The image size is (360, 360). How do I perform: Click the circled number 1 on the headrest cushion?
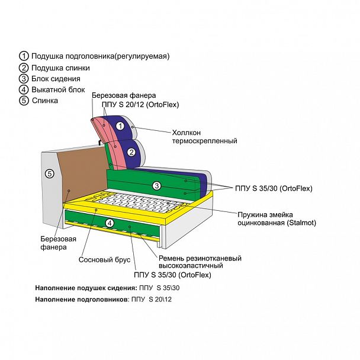[x=120, y=126]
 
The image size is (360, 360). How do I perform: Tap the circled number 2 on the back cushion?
[x=123, y=152]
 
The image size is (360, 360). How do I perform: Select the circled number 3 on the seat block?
[x=156, y=185]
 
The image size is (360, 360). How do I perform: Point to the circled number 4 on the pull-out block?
[x=109, y=223]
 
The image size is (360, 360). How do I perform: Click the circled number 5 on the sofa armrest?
[x=50, y=173]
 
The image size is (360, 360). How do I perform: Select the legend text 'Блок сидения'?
[x=56, y=78]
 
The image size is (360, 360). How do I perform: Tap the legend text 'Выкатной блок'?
[x=58, y=89]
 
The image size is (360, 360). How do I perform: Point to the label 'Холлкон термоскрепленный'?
[x=204, y=137]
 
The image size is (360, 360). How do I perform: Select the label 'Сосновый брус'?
[x=101, y=259]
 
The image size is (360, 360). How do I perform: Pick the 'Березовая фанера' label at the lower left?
[x=58, y=243]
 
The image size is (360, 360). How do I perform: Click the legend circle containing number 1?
[x=24, y=56]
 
